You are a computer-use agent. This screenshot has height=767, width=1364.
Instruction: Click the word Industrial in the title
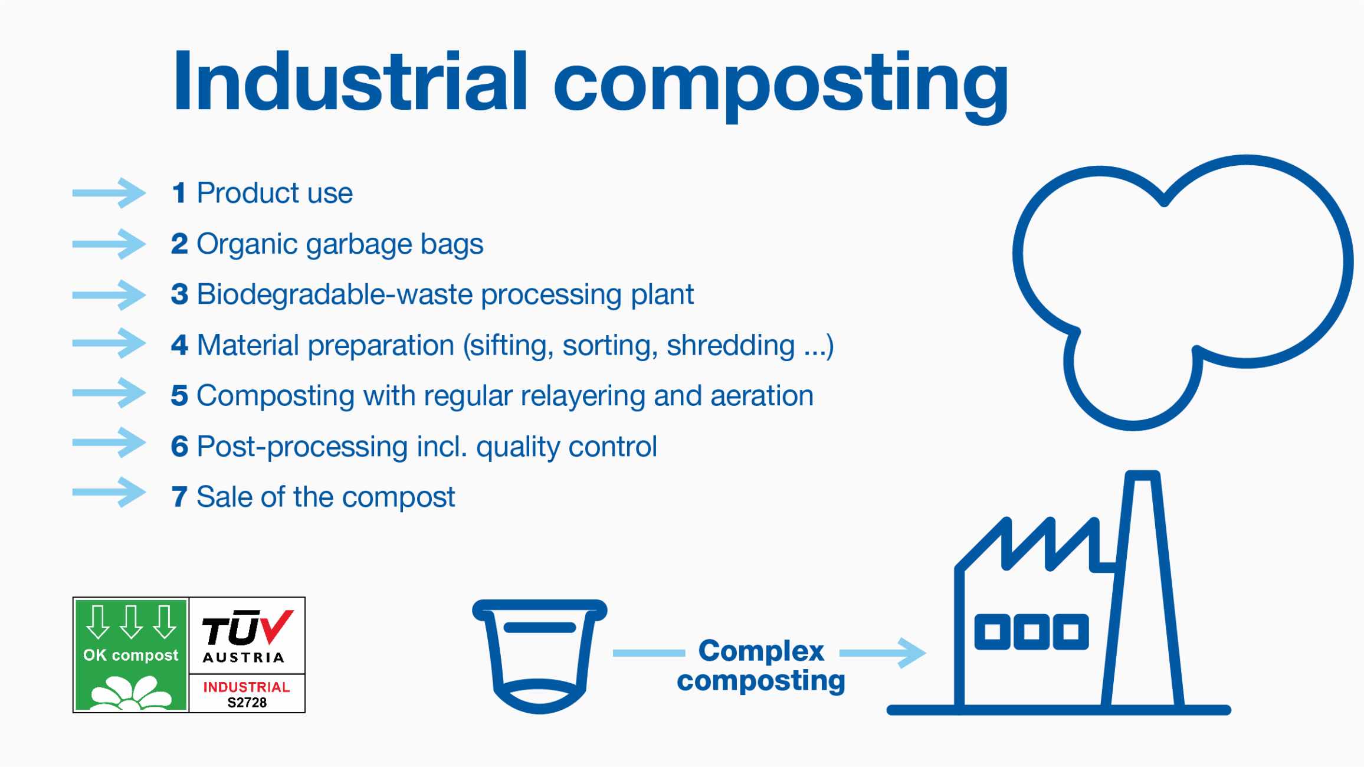[x=350, y=81]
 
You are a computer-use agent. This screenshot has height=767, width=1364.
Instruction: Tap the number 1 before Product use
[x=179, y=193]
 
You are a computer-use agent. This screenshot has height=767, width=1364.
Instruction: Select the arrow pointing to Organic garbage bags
[x=109, y=244]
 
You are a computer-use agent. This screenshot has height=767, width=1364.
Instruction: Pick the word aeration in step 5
[x=762, y=395]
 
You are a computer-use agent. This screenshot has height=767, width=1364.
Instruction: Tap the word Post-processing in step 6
[x=302, y=447]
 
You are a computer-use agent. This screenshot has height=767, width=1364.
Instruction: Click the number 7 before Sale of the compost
[x=179, y=497]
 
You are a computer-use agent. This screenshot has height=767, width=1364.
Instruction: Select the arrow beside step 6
[x=109, y=442]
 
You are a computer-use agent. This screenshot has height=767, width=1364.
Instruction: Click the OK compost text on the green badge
[x=130, y=655]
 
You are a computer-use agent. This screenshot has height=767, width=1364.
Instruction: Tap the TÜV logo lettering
[x=247, y=628]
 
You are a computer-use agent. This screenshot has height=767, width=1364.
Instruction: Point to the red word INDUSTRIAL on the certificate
[x=247, y=687]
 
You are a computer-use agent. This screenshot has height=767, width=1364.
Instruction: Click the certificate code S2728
[x=247, y=703]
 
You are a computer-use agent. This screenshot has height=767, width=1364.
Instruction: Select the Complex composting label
[x=761, y=666]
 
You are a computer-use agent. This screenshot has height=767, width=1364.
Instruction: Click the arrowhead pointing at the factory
[x=911, y=653]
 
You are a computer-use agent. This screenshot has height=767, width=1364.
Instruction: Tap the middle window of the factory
[x=1031, y=632]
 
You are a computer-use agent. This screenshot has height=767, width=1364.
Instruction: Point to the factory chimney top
[x=1143, y=476]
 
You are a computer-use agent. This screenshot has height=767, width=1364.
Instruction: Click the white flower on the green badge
[x=131, y=693]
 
